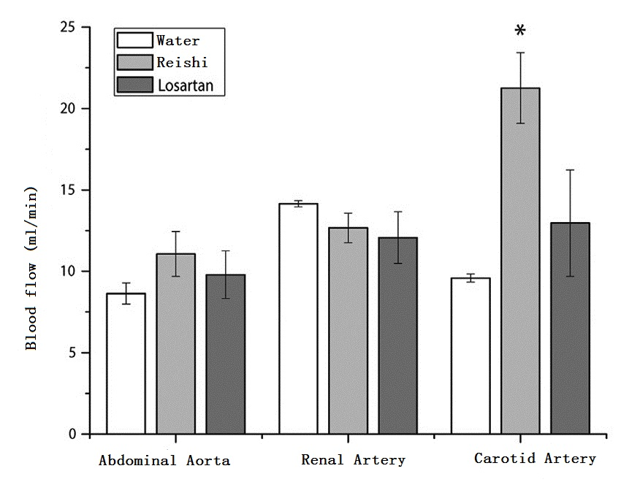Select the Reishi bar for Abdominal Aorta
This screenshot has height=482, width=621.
[175, 344]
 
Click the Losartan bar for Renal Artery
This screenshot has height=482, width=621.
[398, 336]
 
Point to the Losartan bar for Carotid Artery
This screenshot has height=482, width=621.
[570, 329]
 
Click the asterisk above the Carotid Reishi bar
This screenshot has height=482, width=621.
[520, 31]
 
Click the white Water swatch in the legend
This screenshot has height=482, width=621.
[134, 41]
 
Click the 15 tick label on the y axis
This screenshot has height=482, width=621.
[70, 190]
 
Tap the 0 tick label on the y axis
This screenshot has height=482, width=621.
[74, 435]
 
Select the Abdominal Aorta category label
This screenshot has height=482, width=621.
[164, 461]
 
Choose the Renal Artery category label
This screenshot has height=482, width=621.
[353, 460]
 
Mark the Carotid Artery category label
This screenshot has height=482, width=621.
[535, 459]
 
